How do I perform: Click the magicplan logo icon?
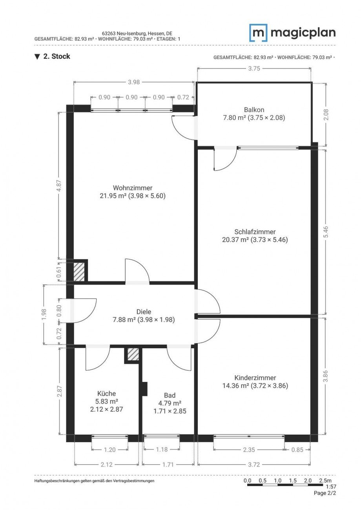point(258,33)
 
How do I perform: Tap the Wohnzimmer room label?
point(133,188)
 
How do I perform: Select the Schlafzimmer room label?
point(255,232)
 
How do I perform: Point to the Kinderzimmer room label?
point(255,378)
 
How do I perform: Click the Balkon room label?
point(254,110)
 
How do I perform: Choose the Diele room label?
point(144,312)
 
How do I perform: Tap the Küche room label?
point(106,393)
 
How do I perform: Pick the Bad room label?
point(170,395)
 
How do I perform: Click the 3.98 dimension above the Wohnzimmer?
point(134,82)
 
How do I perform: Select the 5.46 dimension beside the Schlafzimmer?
point(326,231)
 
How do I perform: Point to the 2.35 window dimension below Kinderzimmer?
point(249,450)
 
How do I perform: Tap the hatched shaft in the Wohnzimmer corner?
point(79,271)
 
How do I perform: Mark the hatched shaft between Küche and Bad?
point(133,354)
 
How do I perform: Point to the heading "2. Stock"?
point(57,56)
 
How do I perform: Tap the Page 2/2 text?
point(325,493)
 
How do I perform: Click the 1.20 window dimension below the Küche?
point(109,450)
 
